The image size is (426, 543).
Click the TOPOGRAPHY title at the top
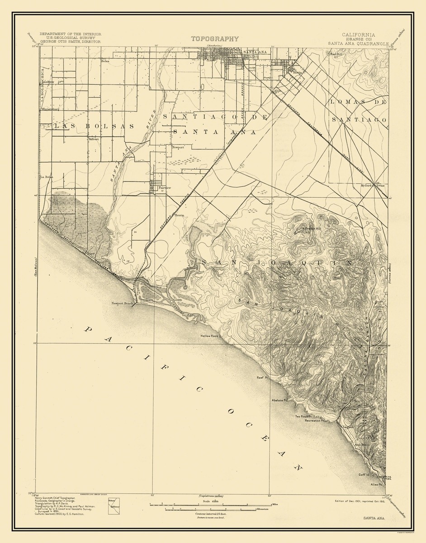[x=214, y=39]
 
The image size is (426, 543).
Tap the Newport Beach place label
[x=122, y=303]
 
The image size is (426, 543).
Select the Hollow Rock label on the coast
[x=210, y=336]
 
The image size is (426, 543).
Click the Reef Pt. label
[x=263, y=377]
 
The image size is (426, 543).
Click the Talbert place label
[x=93, y=139]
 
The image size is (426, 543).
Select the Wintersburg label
[x=50, y=109]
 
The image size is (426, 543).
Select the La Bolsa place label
[x=47, y=176]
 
